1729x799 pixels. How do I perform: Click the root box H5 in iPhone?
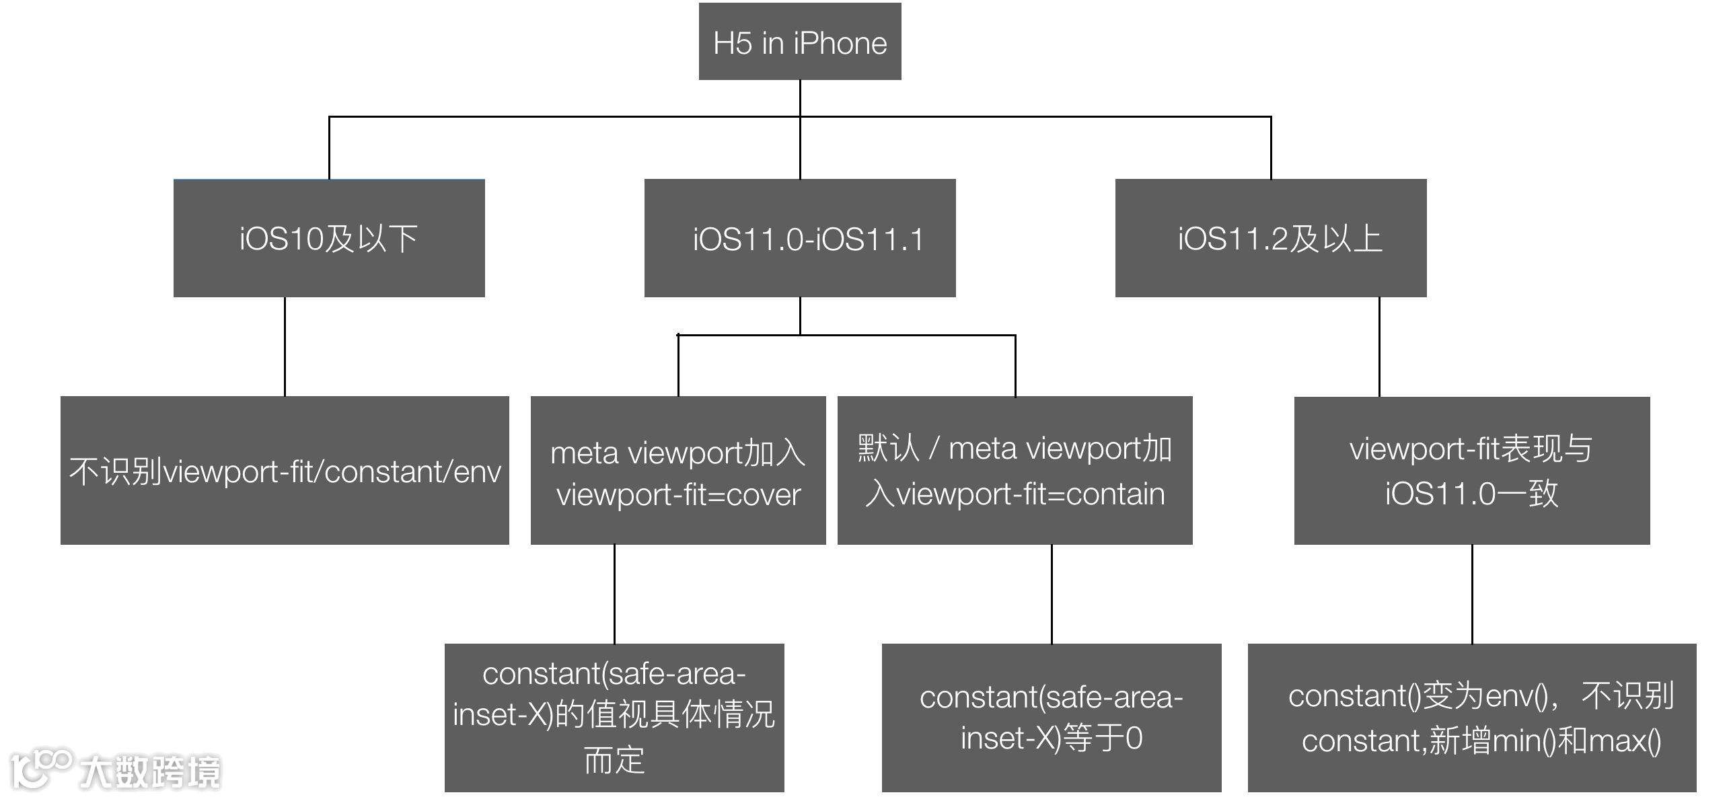(x=800, y=42)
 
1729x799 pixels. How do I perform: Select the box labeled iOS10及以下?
(x=329, y=238)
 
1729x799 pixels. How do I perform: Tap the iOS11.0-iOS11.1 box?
(x=800, y=238)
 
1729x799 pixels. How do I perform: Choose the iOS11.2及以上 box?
(x=1271, y=238)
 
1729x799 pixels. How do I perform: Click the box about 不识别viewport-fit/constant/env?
(x=285, y=470)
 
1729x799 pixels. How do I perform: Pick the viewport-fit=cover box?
(x=678, y=470)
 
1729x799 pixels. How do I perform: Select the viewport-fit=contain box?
(x=1015, y=470)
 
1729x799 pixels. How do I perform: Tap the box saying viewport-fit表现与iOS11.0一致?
(x=1472, y=470)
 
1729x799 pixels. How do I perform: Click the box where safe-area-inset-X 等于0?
(x=1052, y=718)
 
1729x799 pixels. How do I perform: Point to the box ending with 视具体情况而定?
(x=614, y=718)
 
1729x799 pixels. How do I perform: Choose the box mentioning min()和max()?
(x=1472, y=718)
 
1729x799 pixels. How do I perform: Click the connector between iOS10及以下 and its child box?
(x=285, y=346)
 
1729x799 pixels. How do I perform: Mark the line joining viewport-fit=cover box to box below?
(x=614, y=594)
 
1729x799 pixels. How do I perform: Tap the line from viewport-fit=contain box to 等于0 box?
(x=1052, y=594)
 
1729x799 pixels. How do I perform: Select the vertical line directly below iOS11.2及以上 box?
(x=1379, y=346)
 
